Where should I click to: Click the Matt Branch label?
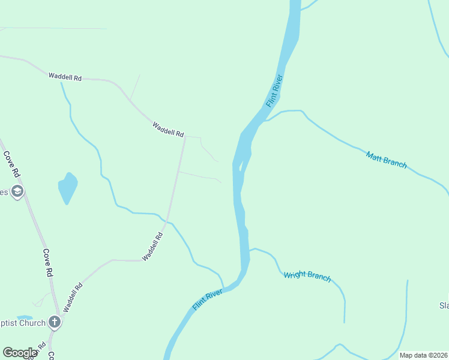point(386,160)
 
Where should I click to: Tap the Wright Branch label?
point(307,275)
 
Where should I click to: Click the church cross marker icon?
point(55,322)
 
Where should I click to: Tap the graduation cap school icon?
point(17,191)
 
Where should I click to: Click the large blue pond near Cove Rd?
point(67,188)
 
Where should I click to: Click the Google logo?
point(20,353)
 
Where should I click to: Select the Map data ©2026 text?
point(423,355)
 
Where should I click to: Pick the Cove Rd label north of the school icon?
point(11,163)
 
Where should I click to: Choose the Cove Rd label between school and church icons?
point(48,263)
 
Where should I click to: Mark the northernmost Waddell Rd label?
point(65,77)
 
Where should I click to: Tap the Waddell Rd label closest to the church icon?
point(72,297)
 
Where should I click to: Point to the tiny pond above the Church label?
point(25,317)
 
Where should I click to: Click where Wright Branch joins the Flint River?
point(249,249)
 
